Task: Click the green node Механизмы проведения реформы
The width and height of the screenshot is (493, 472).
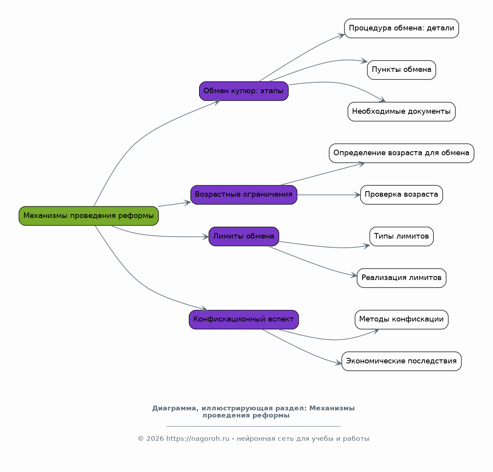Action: (88, 216)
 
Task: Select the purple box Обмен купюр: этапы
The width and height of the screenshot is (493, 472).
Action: (244, 91)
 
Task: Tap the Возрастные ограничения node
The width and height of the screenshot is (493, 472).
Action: (244, 195)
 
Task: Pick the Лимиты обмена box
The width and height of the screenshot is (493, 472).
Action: (244, 236)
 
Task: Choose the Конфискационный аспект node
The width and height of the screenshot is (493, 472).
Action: (244, 320)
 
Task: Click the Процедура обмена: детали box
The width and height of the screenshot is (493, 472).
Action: (401, 28)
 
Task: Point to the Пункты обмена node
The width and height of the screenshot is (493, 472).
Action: (401, 70)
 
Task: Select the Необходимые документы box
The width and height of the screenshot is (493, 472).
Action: (401, 112)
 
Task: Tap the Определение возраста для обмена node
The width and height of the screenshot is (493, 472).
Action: (401, 153)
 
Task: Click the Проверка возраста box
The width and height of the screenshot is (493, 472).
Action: (401, 195)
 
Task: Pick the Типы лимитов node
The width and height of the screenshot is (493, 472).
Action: (401, 236)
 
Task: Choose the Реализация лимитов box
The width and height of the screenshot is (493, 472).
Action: (401, 278)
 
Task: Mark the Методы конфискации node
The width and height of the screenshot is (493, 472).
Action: (401, 320)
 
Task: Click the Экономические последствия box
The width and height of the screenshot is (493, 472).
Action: (401, 361)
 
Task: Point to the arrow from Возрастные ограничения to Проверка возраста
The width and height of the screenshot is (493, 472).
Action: (329, 195)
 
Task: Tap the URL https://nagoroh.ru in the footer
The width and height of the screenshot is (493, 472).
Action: (198, 438)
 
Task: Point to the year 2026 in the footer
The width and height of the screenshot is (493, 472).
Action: (155, 438)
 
